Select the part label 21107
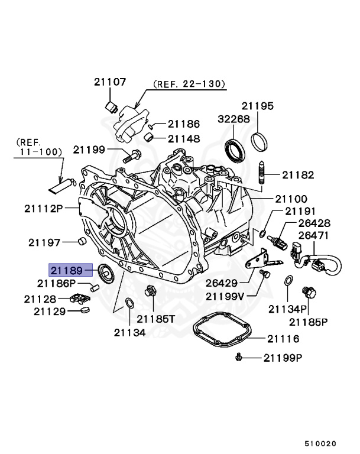[x=109, y=83]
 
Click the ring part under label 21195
[x=258, y=142]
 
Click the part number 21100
[x=290, y=199]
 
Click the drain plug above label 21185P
[x=306, y=293]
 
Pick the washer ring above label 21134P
[x=288, y=281]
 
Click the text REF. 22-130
[x=189, y=85]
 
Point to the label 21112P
[x=43, y=207]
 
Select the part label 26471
[x=314, y=235]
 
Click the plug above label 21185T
[x=150, y=291]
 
